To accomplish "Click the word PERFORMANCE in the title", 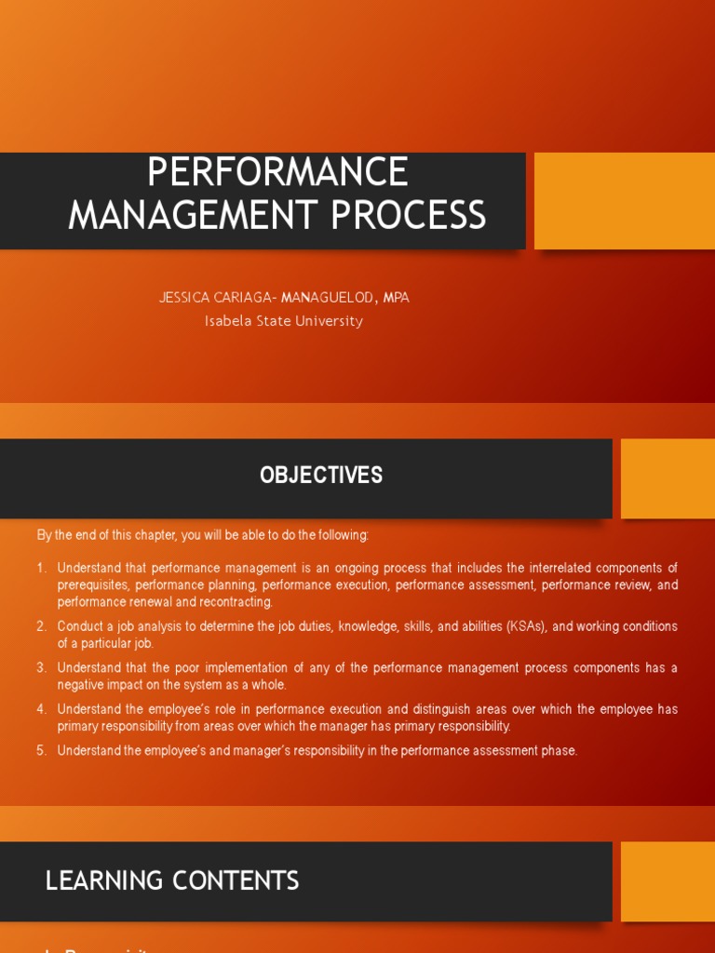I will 277,173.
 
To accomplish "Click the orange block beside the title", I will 624,201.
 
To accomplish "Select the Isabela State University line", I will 283,321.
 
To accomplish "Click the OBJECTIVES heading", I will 321,475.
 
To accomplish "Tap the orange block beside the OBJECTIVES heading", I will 668,478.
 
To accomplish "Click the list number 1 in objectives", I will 42,568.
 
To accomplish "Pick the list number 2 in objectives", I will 42,626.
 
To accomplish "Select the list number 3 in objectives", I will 42,668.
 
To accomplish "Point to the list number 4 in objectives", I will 42,709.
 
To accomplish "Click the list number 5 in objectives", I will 42,751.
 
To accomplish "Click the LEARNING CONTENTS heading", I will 172,880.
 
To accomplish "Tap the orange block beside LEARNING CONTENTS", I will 668,881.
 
